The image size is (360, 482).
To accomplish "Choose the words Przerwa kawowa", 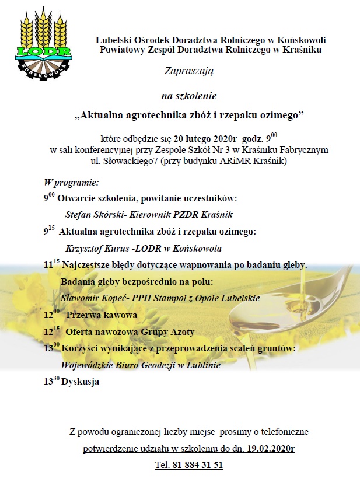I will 101,315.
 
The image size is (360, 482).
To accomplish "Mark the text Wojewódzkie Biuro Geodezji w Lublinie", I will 141,365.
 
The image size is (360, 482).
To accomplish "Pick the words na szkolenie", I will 189,95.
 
